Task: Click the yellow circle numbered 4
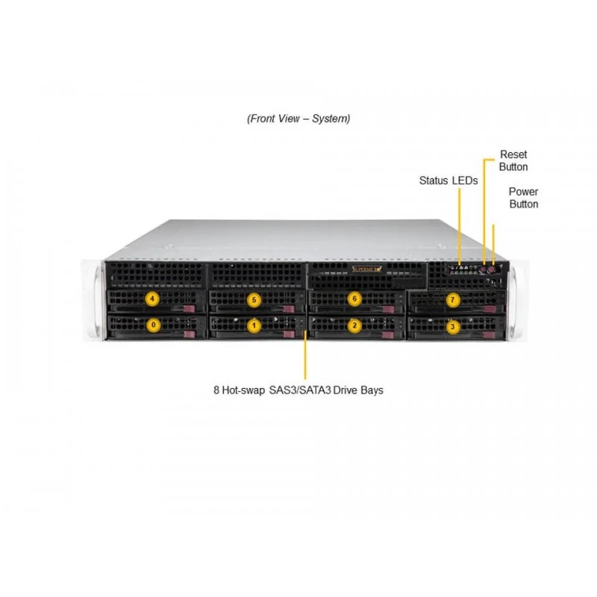(152, 299)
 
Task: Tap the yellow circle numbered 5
(254, 300)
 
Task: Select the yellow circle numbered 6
(354, 299)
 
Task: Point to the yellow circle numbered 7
(452, 300)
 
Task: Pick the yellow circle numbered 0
(154, 325)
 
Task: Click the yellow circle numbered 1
(254, 326)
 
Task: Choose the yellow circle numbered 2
(354, 325)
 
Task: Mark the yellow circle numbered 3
(452, 327)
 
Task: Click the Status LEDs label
(448, 181)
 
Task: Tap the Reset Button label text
(513, 160)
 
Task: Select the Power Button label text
(524, 198)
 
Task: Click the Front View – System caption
(298, 119)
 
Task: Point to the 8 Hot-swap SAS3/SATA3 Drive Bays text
(298, 390)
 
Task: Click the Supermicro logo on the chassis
(366, 269)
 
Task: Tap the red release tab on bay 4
(190, 309)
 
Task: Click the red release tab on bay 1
(289, 334)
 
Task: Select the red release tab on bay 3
(490, 335)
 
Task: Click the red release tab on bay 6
(388, 310)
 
